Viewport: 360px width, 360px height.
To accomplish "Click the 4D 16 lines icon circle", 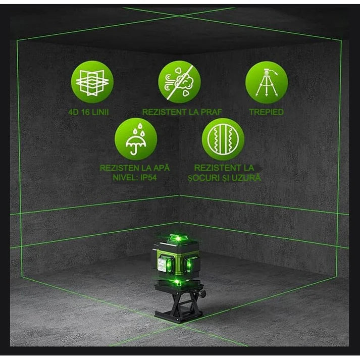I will [x=92, y=82].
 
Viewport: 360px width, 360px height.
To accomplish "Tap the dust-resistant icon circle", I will [x=179, y=82].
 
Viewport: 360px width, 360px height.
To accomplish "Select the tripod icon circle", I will [x=266, y=82].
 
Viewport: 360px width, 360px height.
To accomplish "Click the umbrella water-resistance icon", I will [x=135, y=139].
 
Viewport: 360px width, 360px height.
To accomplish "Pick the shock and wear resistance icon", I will [x=223, y=139].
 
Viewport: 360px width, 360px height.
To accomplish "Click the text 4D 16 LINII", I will [x=92, y=112].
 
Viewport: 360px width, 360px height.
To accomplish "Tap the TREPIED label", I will [x=266, y=112].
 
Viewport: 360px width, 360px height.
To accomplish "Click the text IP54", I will [x=150, y=177].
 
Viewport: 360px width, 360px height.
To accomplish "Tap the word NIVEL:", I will [x=124, y=177].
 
